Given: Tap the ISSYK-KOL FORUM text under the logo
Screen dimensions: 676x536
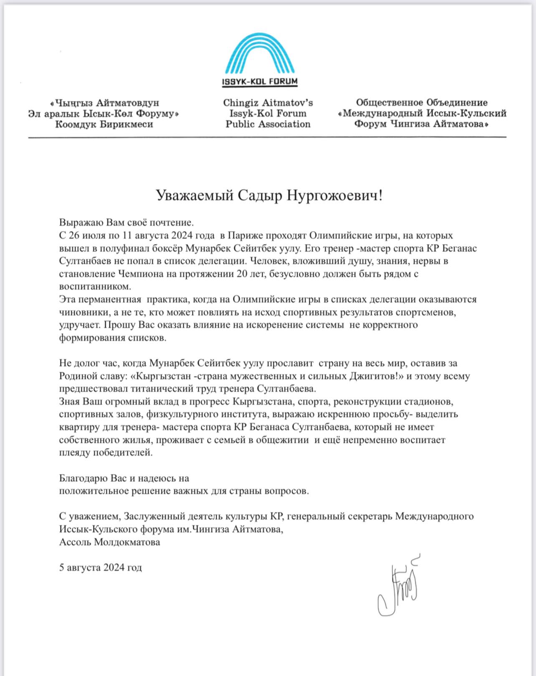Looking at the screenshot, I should [x=260, y=82].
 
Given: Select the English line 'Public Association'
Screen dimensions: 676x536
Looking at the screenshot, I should [x=268, y=124].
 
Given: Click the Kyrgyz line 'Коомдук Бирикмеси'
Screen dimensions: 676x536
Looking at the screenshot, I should [x=104, y=124].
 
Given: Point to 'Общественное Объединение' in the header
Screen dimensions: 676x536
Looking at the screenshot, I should [x=422, y=103].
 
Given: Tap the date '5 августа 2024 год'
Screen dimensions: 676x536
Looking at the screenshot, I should [x=101, y=568].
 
